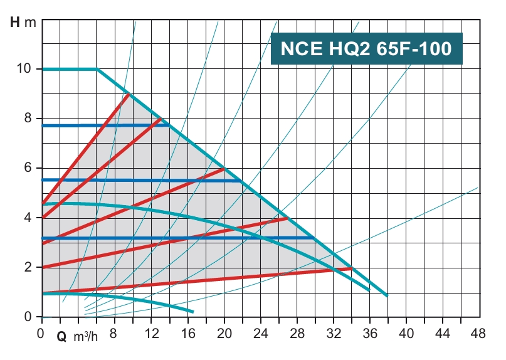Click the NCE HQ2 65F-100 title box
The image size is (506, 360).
pyautogui.click(x=367, y=48)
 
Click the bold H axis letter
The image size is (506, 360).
pyautogui.click(x=16, y=24)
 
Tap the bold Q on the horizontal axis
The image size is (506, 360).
pyautogui.click(x=61, y=337)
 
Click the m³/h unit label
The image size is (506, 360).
pyautogui.click(x=86, y=337)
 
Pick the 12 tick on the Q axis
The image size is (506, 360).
pyautogui.click(x=150, y=334)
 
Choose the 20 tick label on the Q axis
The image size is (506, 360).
pyautogui.click(x=224, y=334)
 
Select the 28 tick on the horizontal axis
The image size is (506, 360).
pyautogui.click(x=297, y=334)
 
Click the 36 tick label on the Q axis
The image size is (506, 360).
pyautogui.click(x=371, y=334)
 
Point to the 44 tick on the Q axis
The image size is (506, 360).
pyautogui.click(x=443, y=334)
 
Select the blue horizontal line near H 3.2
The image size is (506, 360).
pyautogui.click(x=176, y=238)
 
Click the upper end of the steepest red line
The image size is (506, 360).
pyautogui.click(x=129, y=94)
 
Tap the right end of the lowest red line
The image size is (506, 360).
pyautogui.click(x=352, y=268)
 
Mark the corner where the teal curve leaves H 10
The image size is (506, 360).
pyautogui.click(x=97, y=69)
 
